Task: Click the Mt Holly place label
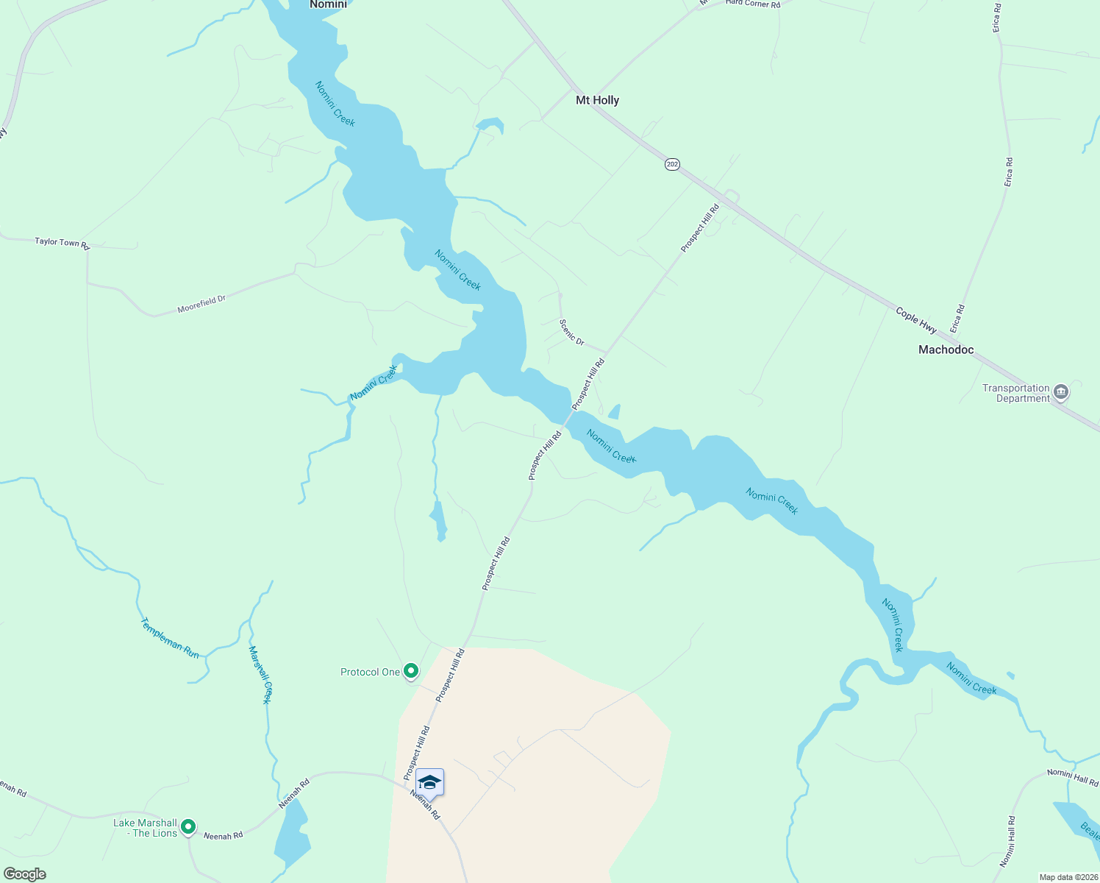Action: point(597,100)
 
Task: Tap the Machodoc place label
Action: point(946,350)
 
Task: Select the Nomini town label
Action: point(328,4)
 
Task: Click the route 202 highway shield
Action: point(672,164)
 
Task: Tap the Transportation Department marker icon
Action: point(1060,392)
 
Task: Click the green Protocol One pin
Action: point(411,671)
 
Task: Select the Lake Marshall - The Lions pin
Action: point(188,827)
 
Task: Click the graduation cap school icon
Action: point(429,783)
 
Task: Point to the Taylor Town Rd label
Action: point(62,242)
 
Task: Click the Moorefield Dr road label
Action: point(201,303)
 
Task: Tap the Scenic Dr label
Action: point(571,332)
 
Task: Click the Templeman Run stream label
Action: point(169,638)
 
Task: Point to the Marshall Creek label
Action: point(260,675)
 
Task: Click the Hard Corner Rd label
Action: point(752,4)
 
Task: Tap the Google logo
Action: point(25,874)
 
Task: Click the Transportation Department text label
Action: point(1016,393)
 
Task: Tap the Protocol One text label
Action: point(370,672)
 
